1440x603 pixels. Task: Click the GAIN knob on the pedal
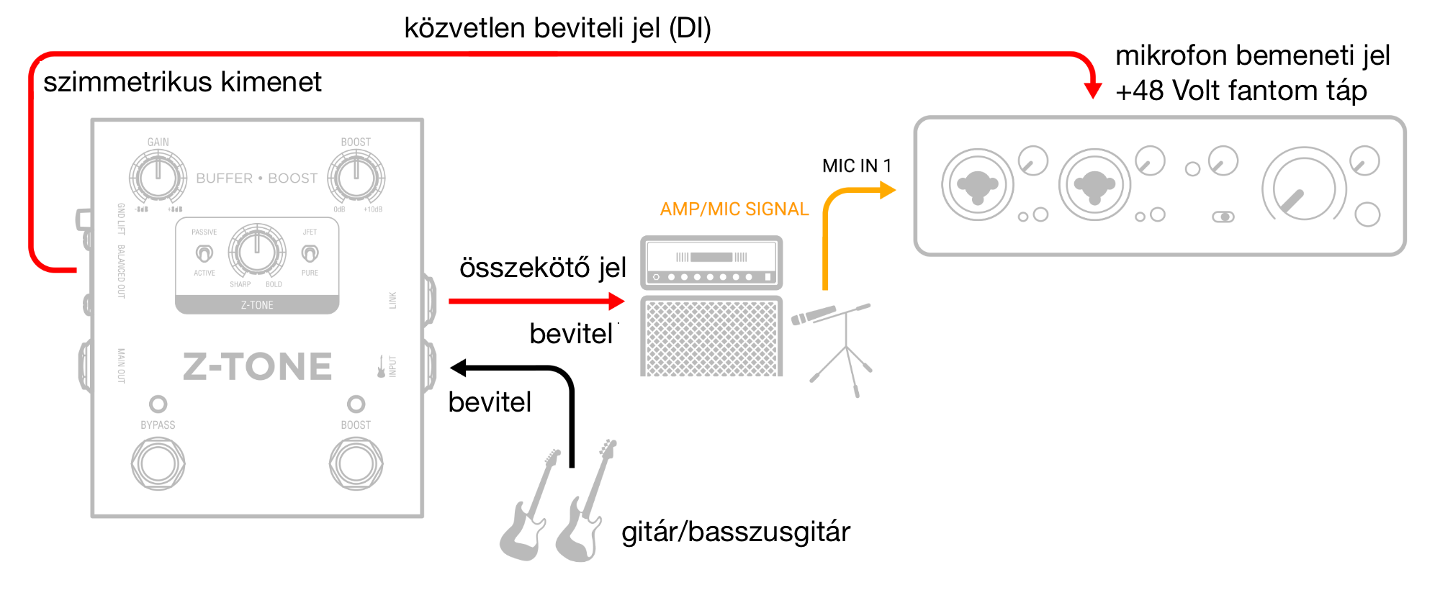click(x=158, y=177)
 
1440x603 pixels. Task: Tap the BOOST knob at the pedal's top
click(x=356, y=177)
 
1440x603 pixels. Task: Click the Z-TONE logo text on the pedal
click(x=257, y=366)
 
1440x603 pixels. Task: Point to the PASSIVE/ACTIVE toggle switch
click(x=204, y=253)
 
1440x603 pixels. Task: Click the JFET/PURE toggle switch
click(x=310, y=253)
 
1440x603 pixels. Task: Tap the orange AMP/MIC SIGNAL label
click(x=734, y=209)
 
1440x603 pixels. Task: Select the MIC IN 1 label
click(x=857, y=166)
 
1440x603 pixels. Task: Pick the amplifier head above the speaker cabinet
click(x=711, y=263)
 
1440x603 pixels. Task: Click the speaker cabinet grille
click(x=711, y=337)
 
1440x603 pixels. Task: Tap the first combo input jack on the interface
click(x=977, y=185)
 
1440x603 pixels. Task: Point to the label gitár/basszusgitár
click(x=735, y=532)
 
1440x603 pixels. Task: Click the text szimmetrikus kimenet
click(x=182, y=82)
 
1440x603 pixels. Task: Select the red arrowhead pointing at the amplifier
click(x=616, y=301)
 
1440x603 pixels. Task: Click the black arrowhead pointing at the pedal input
click(x=459, y=368)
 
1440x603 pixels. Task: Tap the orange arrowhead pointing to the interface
click(x=888, y=190)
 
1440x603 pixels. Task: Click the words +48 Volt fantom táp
click(x=1241, y=91)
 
